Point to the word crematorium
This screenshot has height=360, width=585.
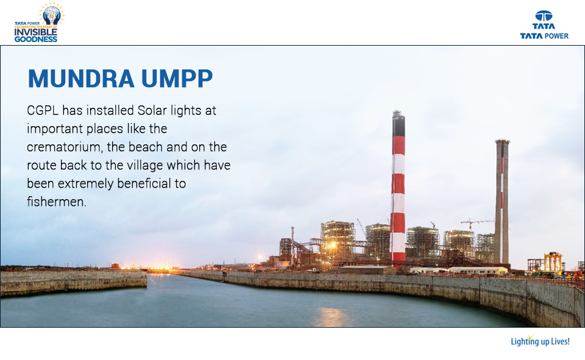[x=65, y=147]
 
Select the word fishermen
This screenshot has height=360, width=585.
[x=57, y=201]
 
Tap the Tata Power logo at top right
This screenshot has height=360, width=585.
[x=544, y=25]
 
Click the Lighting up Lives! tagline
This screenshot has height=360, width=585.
[x=540, y=341]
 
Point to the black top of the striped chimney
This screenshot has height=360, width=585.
[x=399, y=124]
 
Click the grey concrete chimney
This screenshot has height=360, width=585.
[x=502, y=201]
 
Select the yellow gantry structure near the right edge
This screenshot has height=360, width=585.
[x=553, y=262]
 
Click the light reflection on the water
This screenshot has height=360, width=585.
[x=332, y=316]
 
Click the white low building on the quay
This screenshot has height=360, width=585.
[x=477, y=270]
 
